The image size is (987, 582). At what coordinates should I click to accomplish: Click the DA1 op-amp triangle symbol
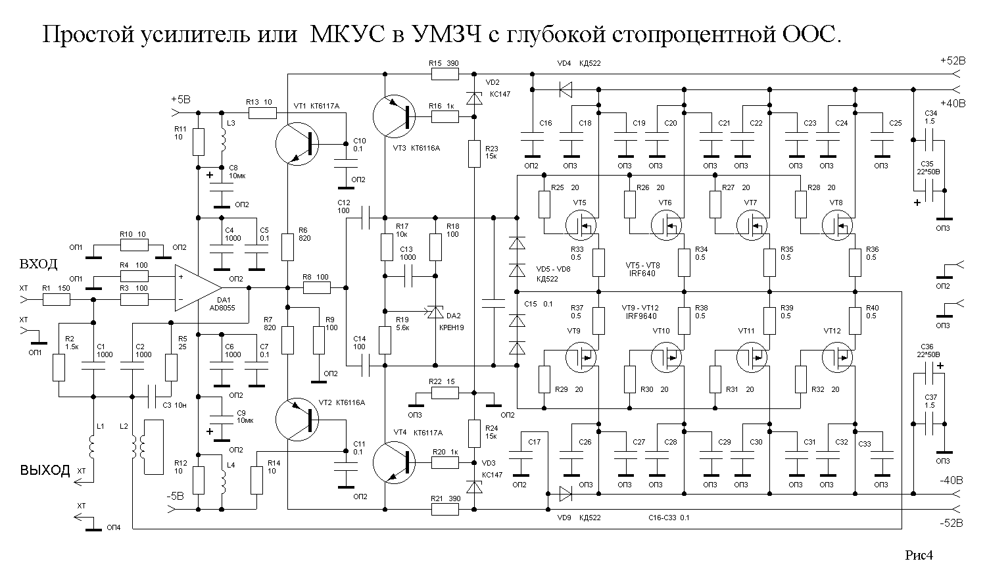click(x=196, y=287)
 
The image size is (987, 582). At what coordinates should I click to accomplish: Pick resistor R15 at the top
click(x=445, y=74)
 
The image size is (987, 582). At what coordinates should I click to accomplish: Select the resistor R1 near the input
click(x=57, y=300)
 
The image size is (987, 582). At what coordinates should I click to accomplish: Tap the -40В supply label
click(x=951, y=479)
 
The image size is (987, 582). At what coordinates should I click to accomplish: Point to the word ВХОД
click(x=39, y=264)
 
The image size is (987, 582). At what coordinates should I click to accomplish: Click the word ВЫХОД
click(x=45, y=470)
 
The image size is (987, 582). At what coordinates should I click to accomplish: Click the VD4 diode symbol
click(x=564, y=89)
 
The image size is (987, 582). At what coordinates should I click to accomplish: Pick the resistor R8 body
click(x=317, y=287)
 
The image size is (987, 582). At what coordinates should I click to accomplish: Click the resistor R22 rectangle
click(x=445, y=393)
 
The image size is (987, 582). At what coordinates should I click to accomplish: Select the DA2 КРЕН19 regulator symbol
click(x=435, y=314)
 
